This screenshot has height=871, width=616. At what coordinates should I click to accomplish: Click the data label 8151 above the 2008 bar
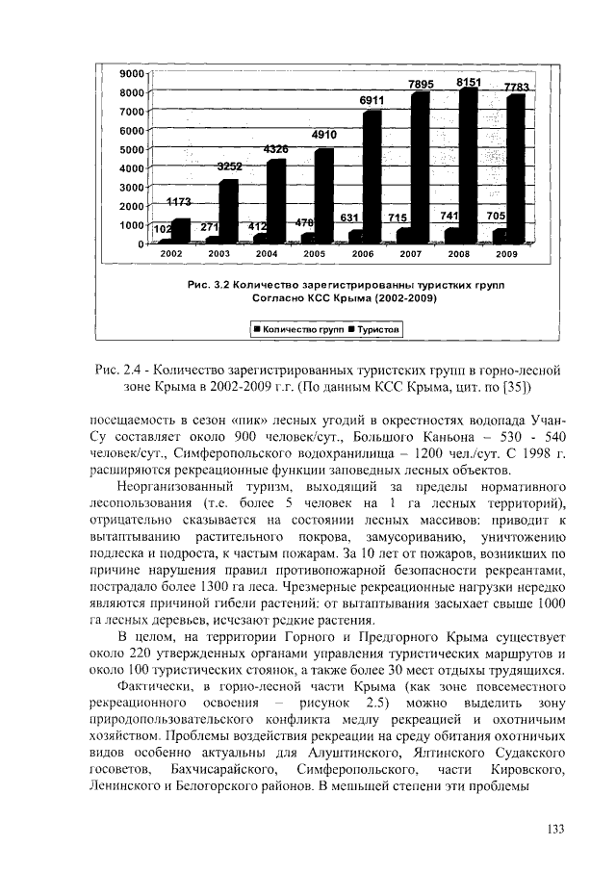(x=469, y=83)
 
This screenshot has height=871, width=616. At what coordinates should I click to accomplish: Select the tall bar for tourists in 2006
(x=372, y=173)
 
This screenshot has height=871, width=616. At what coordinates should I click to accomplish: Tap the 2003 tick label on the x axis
(x=218, y=253)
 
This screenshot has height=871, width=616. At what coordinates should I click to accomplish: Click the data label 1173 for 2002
(x=179, y=202)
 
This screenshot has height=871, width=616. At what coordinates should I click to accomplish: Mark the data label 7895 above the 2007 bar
(x=421, y=85)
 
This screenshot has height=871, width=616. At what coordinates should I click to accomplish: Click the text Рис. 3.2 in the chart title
(x=209, y=286)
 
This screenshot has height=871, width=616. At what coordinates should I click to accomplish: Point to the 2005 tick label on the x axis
(x=314, y=253)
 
